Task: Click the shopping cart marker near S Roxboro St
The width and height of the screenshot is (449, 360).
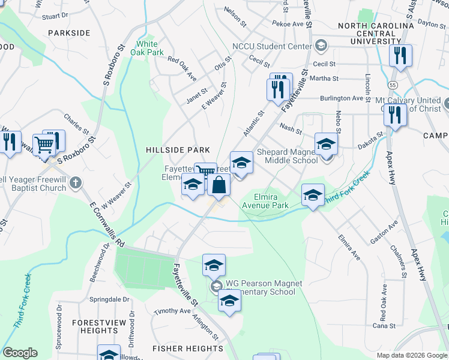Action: [x=43, y=144]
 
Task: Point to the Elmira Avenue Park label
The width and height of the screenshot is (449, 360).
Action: [x=265, y=200]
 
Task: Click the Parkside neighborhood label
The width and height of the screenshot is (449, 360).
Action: [x=69, y=33]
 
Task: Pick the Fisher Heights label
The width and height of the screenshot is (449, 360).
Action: [x=188, y=349]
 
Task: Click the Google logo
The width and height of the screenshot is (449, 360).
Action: [x=20, y=353]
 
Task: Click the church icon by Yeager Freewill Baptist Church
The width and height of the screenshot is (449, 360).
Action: [x=74, y=182]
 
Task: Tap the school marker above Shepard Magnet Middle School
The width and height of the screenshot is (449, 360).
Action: [x=326, y=144]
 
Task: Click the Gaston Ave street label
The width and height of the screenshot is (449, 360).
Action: [x=384, y=232]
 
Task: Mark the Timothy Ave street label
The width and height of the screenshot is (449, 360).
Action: [x=172, y=311]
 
